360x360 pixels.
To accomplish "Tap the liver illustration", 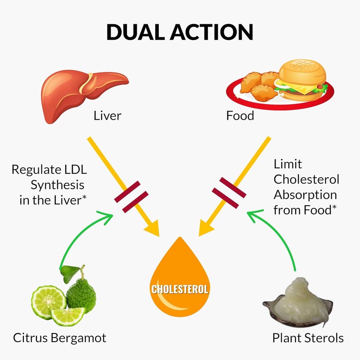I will (x=81, y=92).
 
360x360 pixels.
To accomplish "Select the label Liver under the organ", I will (x=107, y=116).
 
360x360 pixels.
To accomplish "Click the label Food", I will (x=240, y=116).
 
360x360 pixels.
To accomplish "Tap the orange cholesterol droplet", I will (x=180, y=279).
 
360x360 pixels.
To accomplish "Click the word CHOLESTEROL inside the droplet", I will (x=180, y=288).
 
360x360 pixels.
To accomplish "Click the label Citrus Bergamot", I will (x=59, y=337).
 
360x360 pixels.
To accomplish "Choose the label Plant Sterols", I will (x=308, y=337).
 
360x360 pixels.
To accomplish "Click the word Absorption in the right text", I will (x=305, y=195).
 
